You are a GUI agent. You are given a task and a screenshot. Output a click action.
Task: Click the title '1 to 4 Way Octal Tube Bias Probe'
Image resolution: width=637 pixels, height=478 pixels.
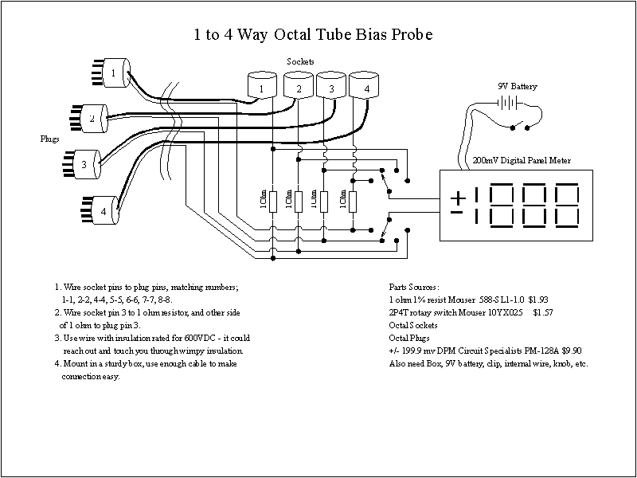[314, 35]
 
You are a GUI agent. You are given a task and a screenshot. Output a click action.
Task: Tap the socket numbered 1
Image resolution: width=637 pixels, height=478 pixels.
[261, 86]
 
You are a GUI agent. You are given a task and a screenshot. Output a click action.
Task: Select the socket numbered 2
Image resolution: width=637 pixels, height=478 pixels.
[298, 86]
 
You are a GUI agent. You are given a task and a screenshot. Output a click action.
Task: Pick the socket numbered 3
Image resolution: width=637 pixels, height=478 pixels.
[330, 86]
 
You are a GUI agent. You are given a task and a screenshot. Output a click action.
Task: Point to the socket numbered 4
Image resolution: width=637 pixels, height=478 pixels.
[365, 86]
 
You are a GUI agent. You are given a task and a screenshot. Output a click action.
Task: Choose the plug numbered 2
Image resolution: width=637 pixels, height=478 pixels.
[92, 118]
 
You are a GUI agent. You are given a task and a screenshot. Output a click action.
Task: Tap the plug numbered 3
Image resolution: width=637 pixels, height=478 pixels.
[84, 164]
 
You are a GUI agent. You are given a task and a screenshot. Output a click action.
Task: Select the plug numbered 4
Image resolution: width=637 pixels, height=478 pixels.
[103, 211]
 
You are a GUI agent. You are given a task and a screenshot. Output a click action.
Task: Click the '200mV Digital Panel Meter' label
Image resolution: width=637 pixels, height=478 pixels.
[522, 160]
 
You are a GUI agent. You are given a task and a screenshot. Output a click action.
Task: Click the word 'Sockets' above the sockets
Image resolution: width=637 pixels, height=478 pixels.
[300, 61]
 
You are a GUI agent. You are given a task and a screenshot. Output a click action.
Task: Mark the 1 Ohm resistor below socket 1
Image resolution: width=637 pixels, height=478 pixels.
[273, 202]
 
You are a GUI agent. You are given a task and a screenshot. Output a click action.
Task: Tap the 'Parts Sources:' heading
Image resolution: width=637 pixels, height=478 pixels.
[414, 286]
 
